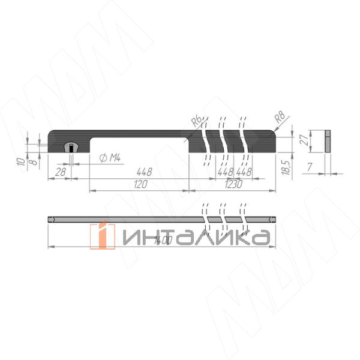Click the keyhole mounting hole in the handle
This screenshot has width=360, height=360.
tap(71, 146)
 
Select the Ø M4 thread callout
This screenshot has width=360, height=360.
tap(109, 158)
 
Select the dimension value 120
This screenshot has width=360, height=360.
tap(140, 185)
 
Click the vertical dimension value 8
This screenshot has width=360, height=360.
tap(34, 161)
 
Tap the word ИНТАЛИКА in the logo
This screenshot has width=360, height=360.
tap(195, 238)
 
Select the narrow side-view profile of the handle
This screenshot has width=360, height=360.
tap(328, 140)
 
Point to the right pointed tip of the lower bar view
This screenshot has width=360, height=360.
tap(275, 220)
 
